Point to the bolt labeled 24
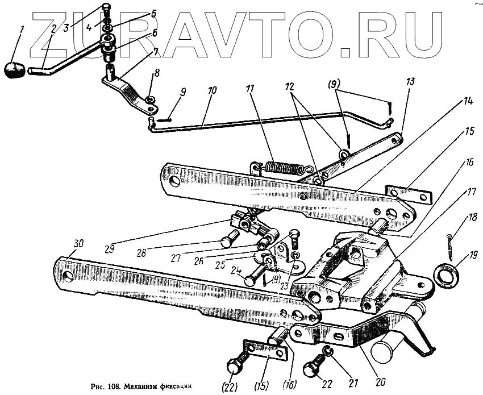click(x=250, y=279)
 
